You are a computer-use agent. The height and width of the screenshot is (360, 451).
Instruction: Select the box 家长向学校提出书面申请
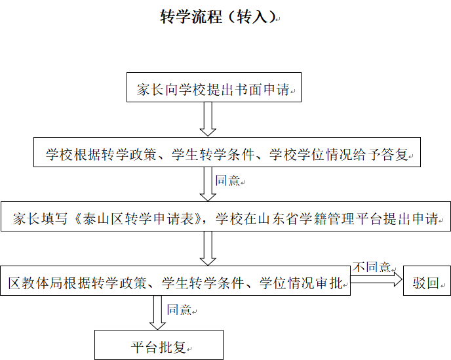(x=214, y=87)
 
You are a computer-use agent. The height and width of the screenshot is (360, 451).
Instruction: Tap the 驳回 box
(x=427, y=281)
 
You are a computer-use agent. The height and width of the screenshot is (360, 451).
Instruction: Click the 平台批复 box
(x=159, y=345)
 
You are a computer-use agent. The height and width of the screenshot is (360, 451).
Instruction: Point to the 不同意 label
(x=372, y=267)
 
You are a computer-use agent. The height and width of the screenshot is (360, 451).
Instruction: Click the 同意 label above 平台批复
(x=179, y=310)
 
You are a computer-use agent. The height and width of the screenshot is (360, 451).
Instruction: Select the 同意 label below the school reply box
(x=227, y=181)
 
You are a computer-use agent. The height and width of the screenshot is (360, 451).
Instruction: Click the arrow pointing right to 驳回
(x=376, y=279)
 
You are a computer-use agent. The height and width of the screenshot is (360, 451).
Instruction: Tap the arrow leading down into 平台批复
(x=157, y=313)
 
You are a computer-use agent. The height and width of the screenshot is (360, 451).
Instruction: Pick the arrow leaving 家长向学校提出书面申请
(x=208, y=119)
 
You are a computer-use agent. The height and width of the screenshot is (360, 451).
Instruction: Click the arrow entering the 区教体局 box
(x=208, y=249)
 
